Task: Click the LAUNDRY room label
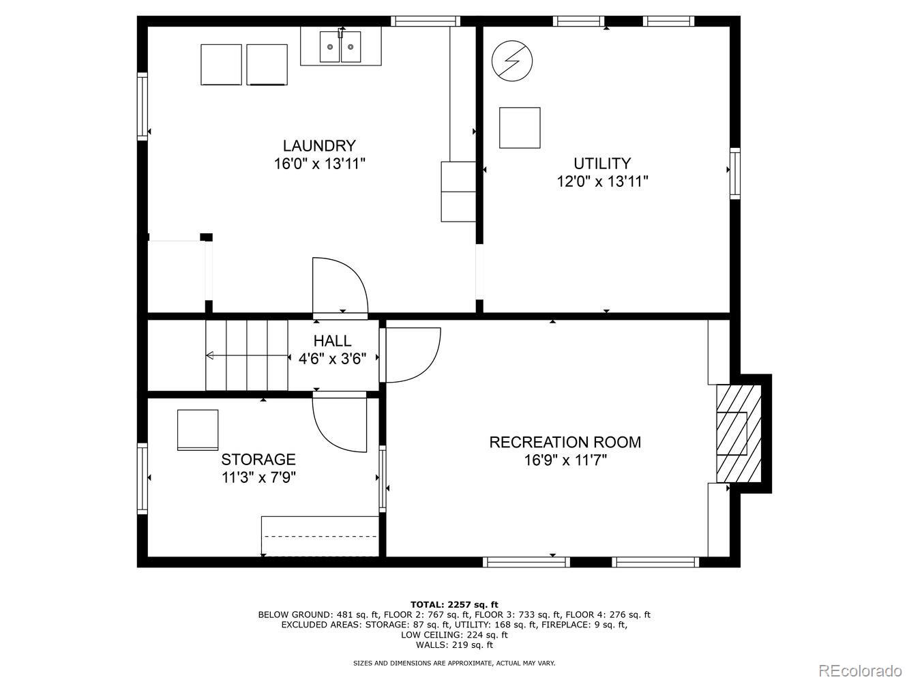(x=319, y=146)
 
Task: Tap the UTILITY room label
(x=601, y=164)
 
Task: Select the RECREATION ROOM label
(x=565, y=442)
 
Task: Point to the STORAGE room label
(x=258, y=460)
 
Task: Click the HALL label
(x=333, y=341)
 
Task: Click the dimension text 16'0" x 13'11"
(x=319, y=164)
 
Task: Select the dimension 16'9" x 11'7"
(x=565, y=460)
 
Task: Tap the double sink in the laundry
(x=340, y=47)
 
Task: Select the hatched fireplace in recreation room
(x=738, y=434)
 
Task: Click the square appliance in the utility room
(x=520, y=128)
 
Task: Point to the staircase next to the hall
(x=246, y=355)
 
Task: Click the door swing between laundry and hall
(x=340, y=286)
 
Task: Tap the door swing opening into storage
(x=340, y=423)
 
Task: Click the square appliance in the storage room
(x=198, y=430)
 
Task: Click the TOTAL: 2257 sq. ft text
(x=454, y=604)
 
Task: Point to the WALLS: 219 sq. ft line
(x=454, y=644)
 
